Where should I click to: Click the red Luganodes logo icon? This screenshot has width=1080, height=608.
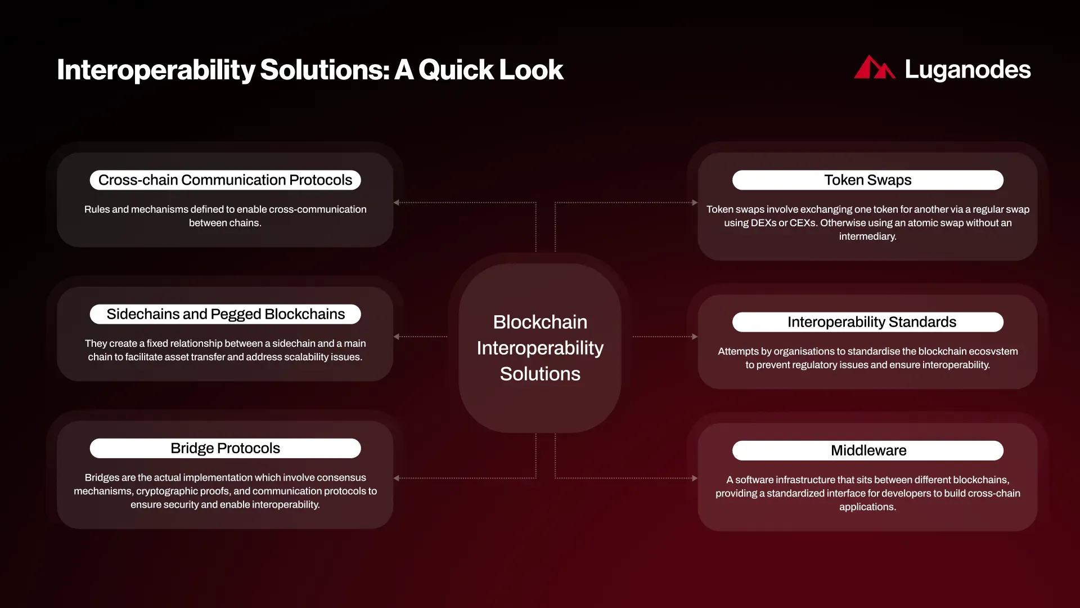[x=874, y=68]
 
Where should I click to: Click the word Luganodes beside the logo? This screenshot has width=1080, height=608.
[x=967, y=70]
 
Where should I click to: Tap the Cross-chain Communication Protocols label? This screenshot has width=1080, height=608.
[x=225, y=180]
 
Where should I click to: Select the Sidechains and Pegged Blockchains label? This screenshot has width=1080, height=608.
[x=225, y=314]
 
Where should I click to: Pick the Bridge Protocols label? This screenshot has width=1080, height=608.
[x=225, y=448]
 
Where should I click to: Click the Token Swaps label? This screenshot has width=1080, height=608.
[x=867, y=180]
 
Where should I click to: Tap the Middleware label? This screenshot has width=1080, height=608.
[x=868, y=450]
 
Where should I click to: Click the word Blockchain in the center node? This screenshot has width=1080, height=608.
[x=540, y=322]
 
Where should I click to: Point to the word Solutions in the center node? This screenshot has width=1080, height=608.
[x=540, y=374]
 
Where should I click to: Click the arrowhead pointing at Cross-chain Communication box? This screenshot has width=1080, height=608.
[x=397, y=203]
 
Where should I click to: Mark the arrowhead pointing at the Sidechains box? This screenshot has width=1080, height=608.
[x=397, y=337]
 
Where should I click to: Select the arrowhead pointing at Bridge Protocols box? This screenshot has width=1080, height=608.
[x=397, y=478]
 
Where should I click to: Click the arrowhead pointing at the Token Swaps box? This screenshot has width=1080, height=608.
[x=695, y=203]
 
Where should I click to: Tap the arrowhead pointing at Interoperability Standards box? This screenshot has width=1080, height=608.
[x=695, y=337]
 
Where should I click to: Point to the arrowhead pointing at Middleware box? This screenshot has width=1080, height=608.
[x=695, y=478]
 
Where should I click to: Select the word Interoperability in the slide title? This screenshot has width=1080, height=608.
[x=156, y=70]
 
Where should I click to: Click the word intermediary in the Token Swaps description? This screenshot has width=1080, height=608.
[x=867, y=236]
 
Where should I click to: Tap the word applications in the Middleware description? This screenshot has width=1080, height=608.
[x=867, y=507]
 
